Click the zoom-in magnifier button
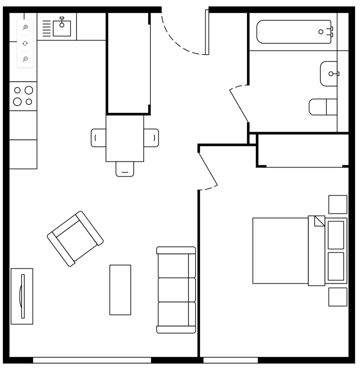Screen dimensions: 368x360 pos(25,27)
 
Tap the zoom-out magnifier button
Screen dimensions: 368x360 pos(25,59)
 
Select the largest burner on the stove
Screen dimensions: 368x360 pos(29,90)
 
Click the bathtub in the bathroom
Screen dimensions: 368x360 pos(294,32)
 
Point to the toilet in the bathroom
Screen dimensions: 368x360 pos(322,107)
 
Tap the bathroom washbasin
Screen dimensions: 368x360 pos(329,74)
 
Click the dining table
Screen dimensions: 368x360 pos(125,138)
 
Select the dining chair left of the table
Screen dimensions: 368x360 pos(98,138)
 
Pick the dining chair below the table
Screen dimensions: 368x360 pos(125,169)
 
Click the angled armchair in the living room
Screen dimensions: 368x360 pos(75,239)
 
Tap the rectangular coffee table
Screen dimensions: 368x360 pos(120,290)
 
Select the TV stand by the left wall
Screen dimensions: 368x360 pos(22,296)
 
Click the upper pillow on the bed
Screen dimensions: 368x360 pos(336,235)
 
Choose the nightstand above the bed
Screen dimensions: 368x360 pos(338,204)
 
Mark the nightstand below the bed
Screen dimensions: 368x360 pos(338,297)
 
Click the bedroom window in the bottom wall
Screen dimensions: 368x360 pos(230,360)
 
